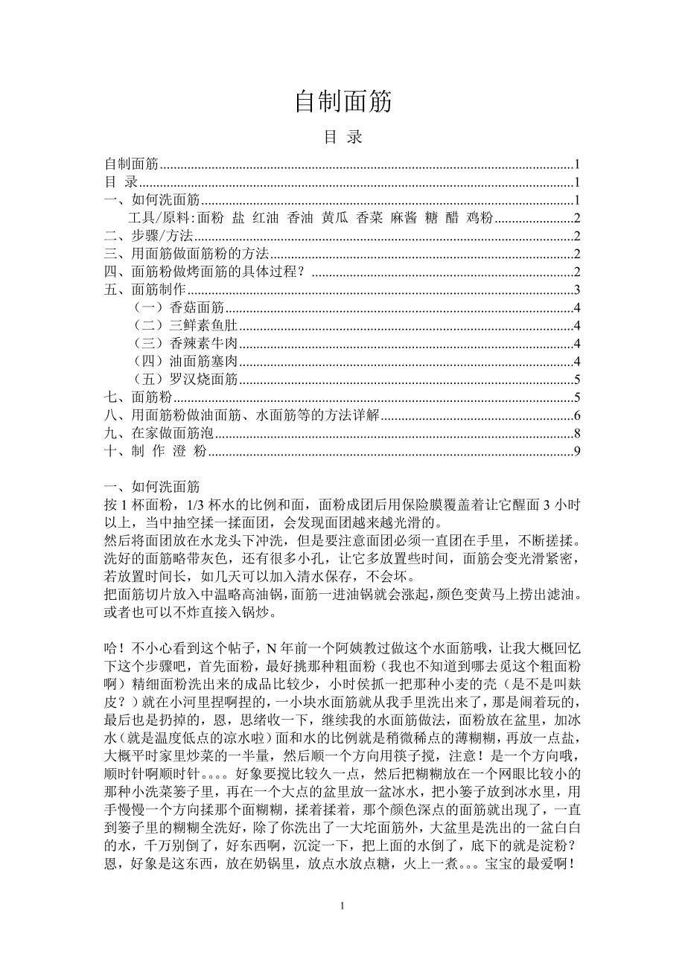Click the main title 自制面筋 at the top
342,102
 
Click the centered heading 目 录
342,138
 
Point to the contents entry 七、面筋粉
133,397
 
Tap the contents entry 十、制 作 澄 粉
155,450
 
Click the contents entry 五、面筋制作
144,290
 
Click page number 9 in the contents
576,450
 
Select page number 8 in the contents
576,432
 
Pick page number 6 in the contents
576,415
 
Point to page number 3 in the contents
576,290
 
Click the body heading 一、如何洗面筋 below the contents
152,487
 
